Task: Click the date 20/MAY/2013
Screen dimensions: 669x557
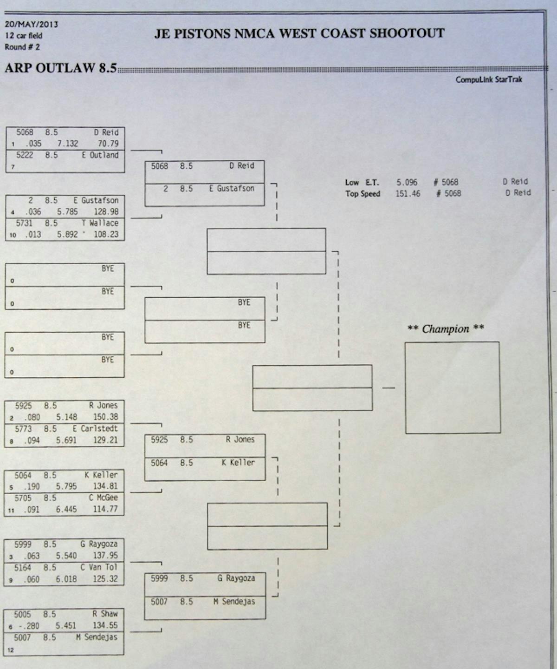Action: click(31, 24)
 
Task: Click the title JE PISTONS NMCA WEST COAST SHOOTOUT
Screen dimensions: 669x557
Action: click(299, 33)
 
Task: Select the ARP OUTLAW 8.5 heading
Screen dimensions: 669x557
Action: click(60, 68)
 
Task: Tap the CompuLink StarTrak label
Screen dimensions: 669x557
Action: click(488, 79)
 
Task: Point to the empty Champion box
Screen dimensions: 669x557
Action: click(453, 388)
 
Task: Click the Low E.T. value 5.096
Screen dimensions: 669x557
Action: click(407, 182)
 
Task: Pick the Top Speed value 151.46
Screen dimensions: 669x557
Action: click(408, 194)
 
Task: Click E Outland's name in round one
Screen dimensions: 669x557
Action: click(100, 155)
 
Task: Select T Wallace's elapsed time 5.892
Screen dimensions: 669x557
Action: click(67, 235)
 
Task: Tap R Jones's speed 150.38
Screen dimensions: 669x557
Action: click(105, 417)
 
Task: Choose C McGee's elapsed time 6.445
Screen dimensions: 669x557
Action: click(66, 510)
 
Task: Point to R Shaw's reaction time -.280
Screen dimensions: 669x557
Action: click(29, 626)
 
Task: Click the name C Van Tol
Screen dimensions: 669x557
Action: click(98, 567)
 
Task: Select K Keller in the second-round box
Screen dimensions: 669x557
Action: click(238, 463)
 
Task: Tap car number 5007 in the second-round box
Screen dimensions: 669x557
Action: click(159, 602)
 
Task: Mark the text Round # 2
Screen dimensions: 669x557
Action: click(22, 47)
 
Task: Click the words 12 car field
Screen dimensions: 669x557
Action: click(24, 36)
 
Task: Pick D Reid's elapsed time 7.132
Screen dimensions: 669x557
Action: click(67, 144)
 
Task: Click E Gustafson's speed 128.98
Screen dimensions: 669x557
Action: click(106, 212)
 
